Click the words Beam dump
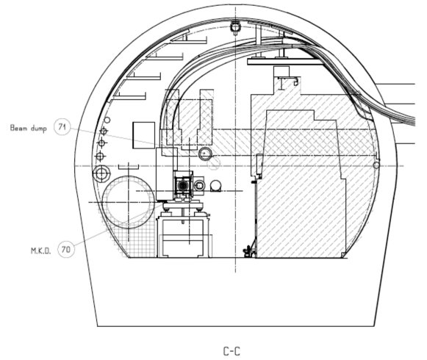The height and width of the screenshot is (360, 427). pyautogui.click(x=29, y=128)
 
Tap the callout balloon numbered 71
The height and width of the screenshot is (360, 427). pyautogui.click(x=62, y=126)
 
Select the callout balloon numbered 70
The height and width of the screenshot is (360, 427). pyautogui.click(x=66, y=249)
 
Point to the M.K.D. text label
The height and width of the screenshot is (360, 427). pyautogui.click(x=41, y=251)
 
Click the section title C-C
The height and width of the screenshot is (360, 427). pyautogui.click(x=232, y=351)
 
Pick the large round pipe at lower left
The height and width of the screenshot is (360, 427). pyautogui.click(x=103, y=202)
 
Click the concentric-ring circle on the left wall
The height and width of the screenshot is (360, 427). pyautogui.click(x=101, y=173)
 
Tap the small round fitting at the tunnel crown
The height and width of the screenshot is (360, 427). pyautogui.click(x=235, y=27)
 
